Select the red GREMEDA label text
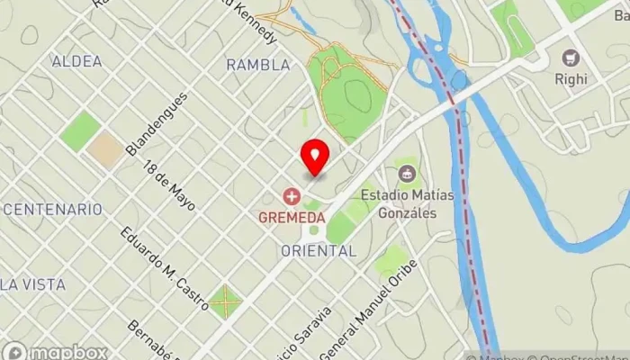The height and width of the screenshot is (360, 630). coord(291,217)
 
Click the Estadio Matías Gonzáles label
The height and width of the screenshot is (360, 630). coord(398,203)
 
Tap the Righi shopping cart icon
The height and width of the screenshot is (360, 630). coord(570,58)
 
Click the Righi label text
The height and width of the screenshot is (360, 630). coord(571,79)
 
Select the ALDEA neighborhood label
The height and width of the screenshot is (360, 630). coord(76,61)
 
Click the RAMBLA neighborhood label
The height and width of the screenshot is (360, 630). coord(258,65)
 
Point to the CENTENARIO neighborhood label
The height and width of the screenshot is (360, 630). coord(51,209)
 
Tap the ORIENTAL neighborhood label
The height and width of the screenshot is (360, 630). coord(319,251)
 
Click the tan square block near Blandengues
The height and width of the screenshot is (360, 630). coord(107,149)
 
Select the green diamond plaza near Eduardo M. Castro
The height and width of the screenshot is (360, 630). coord(226,301)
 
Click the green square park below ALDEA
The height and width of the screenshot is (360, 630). coord(81,131)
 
